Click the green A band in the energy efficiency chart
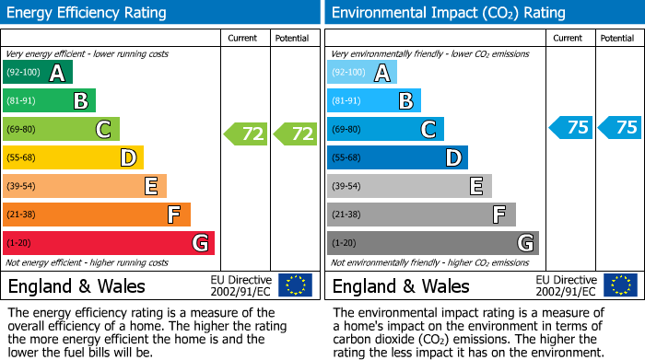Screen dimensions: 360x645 coord(37,73)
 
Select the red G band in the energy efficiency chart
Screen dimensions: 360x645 coord(109,243)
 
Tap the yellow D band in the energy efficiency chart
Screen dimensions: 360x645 coord(73,157)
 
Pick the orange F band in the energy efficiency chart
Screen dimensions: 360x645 coord(97,215)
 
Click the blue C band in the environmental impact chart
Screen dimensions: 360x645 coord(385,129)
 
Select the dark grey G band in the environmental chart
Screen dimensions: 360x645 coord(433,243)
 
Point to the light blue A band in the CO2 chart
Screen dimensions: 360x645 coord(362,73)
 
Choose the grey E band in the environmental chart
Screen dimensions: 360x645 coord(409,186)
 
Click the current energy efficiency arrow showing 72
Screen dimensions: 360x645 coord(246,134)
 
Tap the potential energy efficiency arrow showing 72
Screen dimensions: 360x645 coord(296,134)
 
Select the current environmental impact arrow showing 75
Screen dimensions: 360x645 coord(571,128)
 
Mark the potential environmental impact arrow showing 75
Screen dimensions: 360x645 coord(620,128)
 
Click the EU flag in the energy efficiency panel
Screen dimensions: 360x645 coord(295,285)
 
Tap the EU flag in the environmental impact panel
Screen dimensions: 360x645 coord(620,285)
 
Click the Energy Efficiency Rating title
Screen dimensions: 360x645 coord(88,13)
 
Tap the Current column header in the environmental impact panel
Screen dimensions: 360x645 coord(569,38)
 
